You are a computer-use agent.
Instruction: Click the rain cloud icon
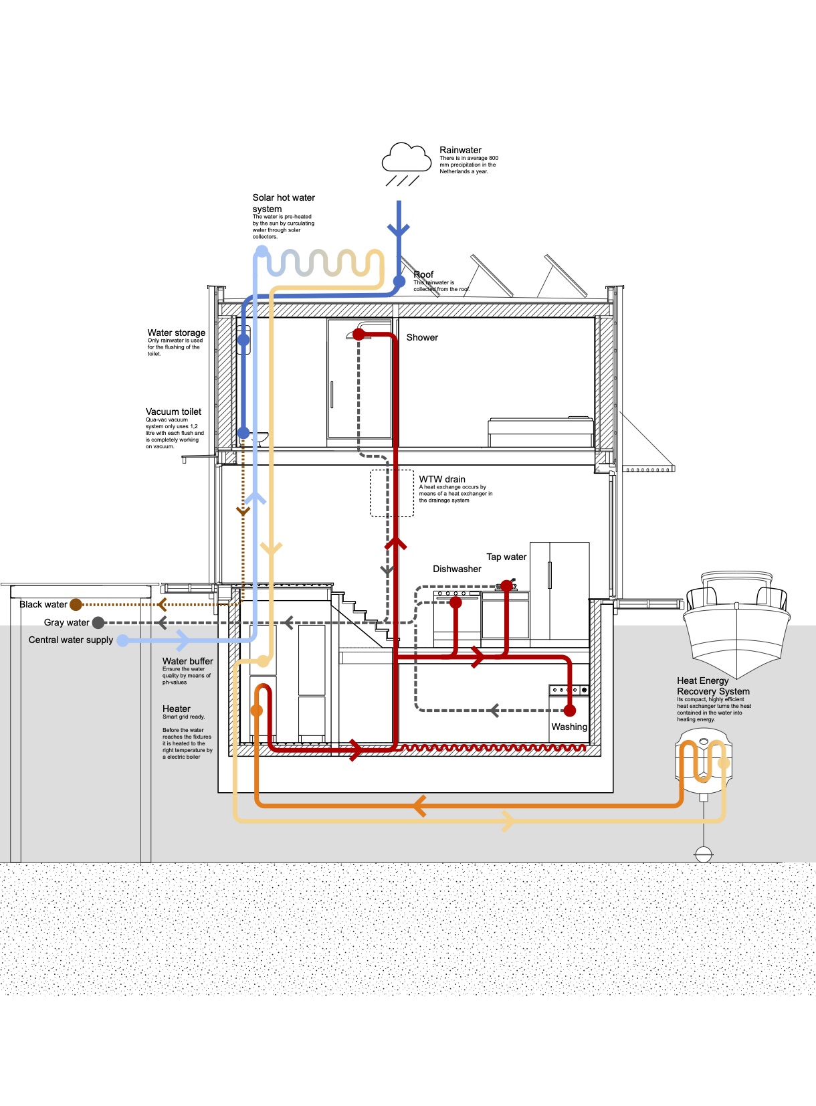click(x=406, y=159)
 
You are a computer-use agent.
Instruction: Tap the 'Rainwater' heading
click(x=460, y=150)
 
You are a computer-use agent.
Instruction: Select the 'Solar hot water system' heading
click(x=283, y=203)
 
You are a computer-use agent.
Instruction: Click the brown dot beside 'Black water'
click(x=76, y=605)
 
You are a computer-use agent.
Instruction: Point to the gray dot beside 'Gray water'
click(x=98, y=623)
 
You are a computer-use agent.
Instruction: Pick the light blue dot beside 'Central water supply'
click(x=123, y=640)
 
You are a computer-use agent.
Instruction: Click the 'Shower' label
click(x=422, y=337)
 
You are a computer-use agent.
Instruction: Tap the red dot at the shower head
click(x=359, y=335)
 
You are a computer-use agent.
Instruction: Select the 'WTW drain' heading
click(x=442, y=479)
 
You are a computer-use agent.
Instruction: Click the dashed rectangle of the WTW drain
click(x=392, y=493)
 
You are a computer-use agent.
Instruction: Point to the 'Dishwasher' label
click(x=457, y=569)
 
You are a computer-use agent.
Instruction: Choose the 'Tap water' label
click(x=506, y=557)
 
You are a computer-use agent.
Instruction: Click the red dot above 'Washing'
click(x=570, y=711)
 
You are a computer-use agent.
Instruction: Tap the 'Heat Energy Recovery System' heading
click(x=713, y=686)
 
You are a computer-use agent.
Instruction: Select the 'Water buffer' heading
click(x=187, y=661)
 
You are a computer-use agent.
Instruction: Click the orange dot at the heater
click(x=256, y=711)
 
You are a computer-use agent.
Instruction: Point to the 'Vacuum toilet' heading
click(x=173, y=411)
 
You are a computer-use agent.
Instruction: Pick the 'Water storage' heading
click(x=177, y=333)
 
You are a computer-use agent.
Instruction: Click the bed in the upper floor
click(x=540, y=432)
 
